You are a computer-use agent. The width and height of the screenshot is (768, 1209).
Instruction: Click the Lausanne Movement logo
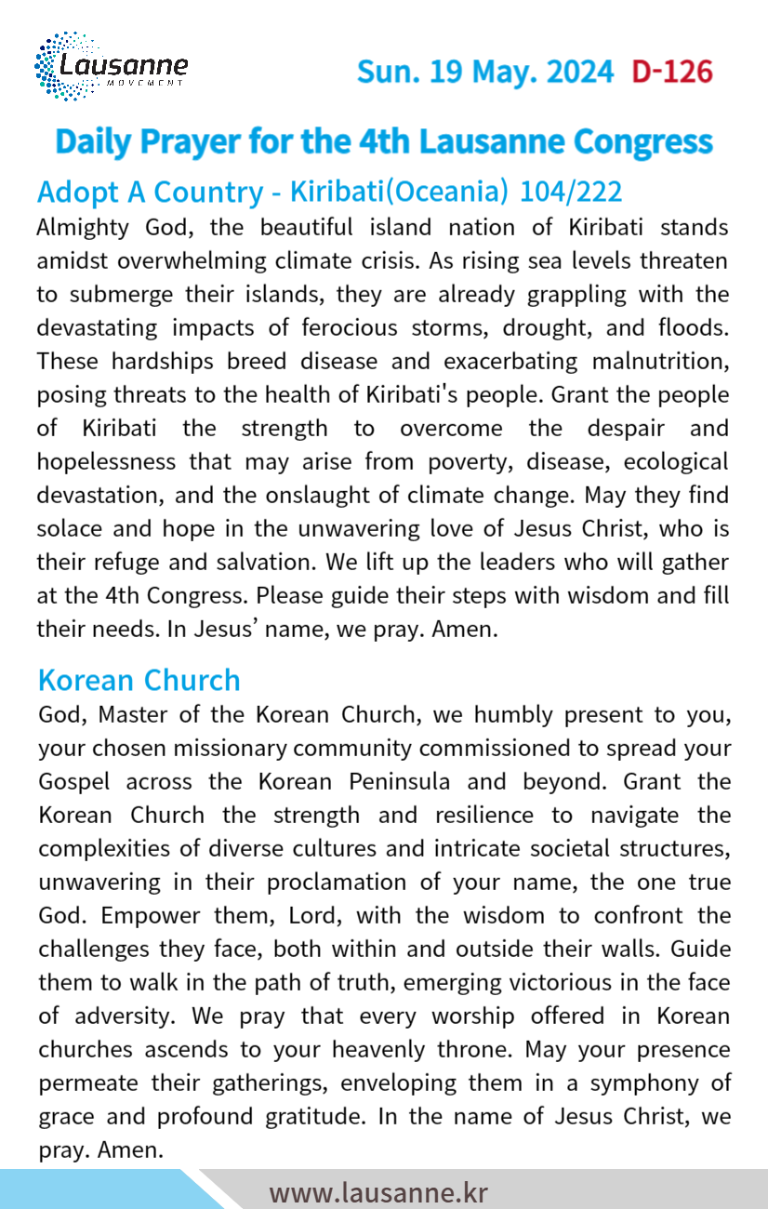pyautogui.click(x=111, y=67)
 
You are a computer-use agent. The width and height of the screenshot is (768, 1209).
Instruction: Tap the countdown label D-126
pyautogui.click(x=671, y=72)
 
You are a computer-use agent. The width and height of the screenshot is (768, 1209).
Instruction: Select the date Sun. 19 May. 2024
pyautogui.click(x=485, y=72)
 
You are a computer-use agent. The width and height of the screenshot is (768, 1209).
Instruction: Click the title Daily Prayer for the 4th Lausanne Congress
pyautogui.click(x=384, y=141)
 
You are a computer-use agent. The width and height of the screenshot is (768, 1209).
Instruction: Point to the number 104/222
pyautogui.click(x=571, y=192)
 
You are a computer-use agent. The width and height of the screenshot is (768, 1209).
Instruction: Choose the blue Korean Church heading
pyautogui.click(x=139, y=680)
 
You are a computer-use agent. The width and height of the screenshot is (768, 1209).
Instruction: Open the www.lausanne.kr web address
pyautogui.click(x=378, y=1192)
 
